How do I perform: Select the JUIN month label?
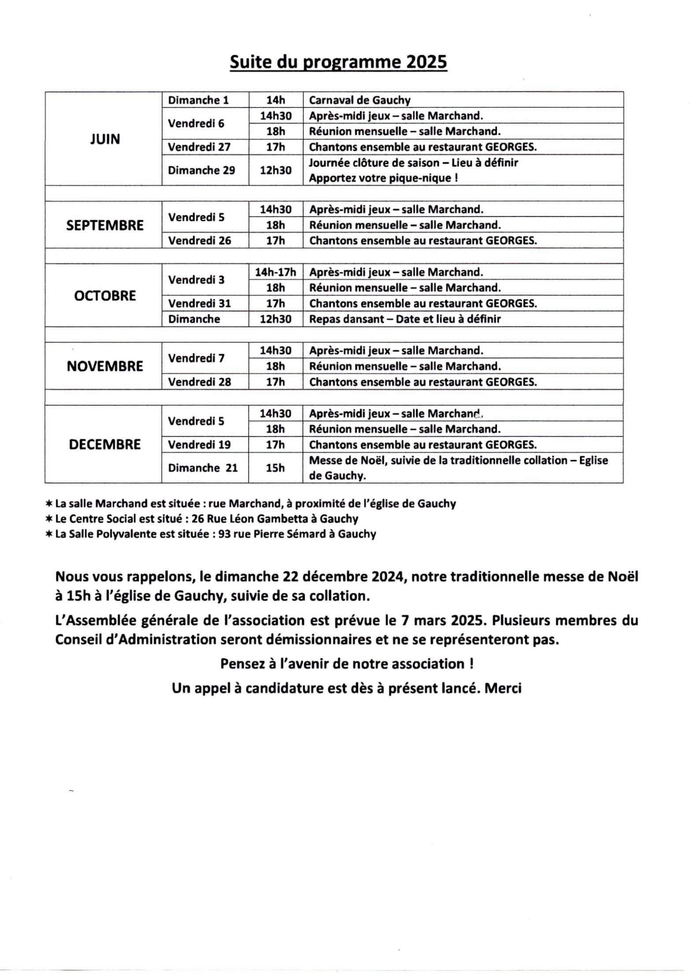pos(105,139)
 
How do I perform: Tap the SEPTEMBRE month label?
pos(105,225)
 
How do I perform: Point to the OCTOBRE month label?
pos(105,295)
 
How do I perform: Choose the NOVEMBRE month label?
pos(105,366)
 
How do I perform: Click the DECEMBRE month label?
pos(105,444)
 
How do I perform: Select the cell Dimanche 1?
pos(198,100)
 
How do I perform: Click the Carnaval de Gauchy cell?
pos(360,100)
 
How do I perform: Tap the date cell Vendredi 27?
pos(199,147)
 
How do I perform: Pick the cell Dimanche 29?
pos(201,170)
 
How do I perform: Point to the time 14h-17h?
pos(275,272)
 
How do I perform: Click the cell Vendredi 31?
pos(200,303)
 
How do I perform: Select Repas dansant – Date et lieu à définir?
pos(404,319)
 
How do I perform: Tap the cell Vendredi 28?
pos(200,382)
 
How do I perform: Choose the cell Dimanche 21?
pos(203,468)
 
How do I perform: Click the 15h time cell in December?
pos(275,468)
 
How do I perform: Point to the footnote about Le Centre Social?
pos(202,519)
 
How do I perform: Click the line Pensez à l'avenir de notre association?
pos(347,664)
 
